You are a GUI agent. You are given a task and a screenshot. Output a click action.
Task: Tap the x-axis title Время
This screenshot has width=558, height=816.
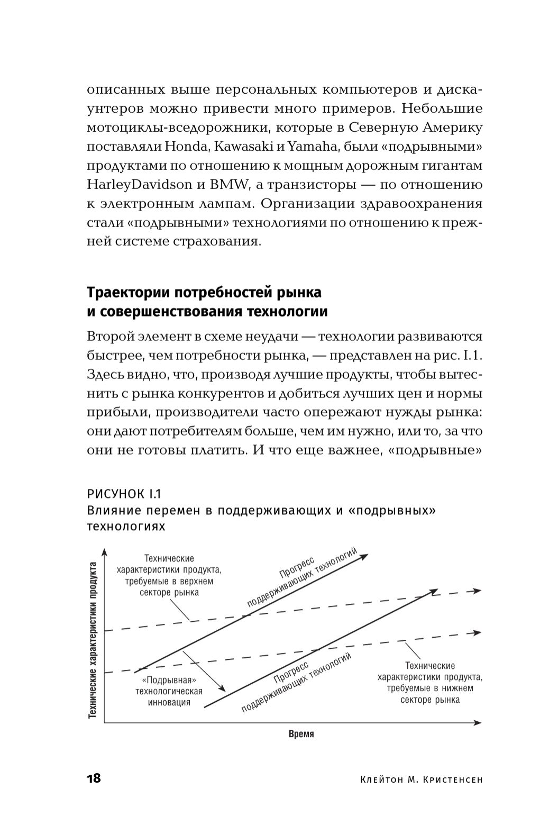(301, 734)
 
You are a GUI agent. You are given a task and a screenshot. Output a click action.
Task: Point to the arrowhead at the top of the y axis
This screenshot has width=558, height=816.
(105, 552)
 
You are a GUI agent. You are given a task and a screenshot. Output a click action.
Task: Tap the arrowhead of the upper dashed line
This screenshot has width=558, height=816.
(477, 591)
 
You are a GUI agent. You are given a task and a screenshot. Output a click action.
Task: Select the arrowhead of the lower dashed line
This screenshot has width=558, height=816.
(477, 632)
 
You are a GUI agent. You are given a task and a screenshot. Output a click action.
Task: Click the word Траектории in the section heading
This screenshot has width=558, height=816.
(126, 292)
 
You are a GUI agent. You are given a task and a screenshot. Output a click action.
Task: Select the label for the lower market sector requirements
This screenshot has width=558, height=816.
(430, 683)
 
